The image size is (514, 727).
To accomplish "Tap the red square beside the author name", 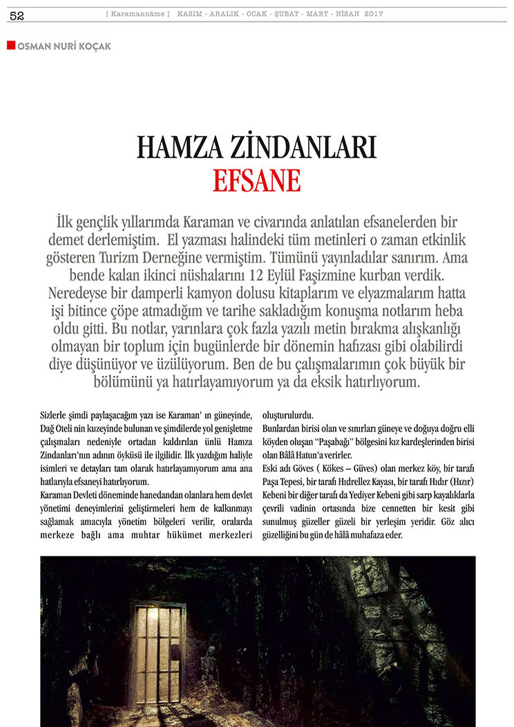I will point(11,46).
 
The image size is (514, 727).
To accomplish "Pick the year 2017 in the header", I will point(374,15).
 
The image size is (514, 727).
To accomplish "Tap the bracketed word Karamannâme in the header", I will point(138,15).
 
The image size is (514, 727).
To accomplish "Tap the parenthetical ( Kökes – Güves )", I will point(336,467).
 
